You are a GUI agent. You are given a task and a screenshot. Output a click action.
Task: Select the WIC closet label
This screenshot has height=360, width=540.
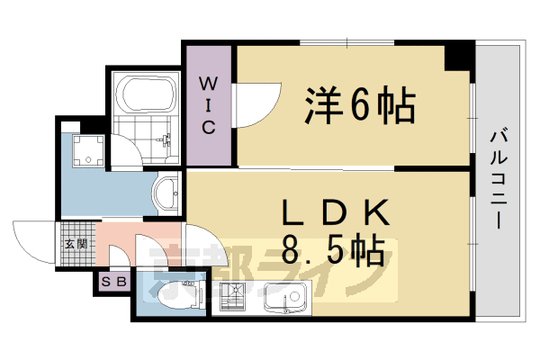pos(208,105)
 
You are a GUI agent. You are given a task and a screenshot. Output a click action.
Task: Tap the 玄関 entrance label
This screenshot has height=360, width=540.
pos(75,244)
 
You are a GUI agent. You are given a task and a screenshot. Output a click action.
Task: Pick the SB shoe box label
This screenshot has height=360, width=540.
pos(114,283)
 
